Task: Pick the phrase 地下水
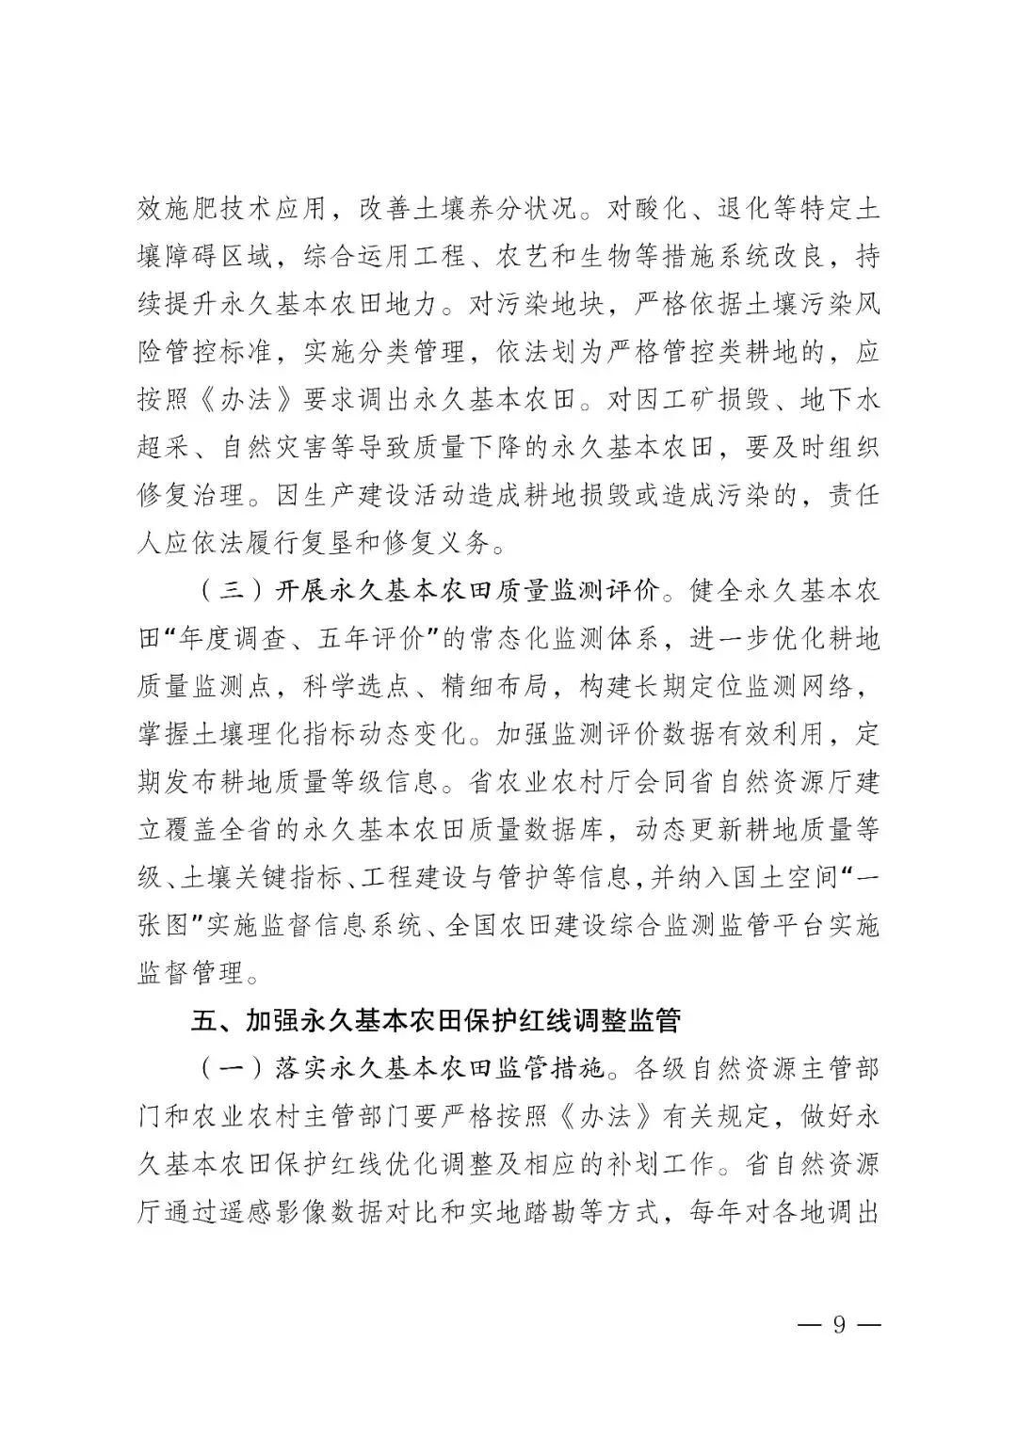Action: [x=840, y=399]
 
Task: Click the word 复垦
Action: [x=367, y=543]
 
